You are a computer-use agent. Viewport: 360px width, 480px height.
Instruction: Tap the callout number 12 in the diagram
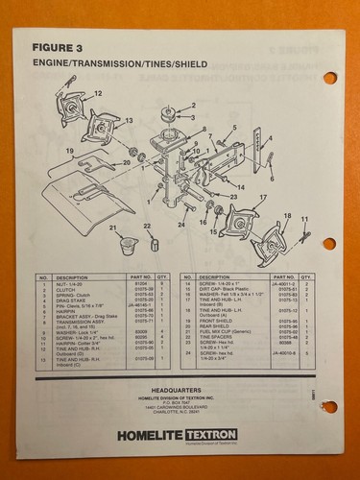97,94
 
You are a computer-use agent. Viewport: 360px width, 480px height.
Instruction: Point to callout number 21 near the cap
112,228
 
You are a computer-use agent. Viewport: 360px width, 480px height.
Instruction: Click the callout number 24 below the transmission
180,226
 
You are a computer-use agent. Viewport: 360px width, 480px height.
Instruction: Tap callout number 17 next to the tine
261,198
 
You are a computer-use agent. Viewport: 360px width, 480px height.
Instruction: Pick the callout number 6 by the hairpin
271,179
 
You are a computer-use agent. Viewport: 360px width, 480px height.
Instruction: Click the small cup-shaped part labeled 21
126,241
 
